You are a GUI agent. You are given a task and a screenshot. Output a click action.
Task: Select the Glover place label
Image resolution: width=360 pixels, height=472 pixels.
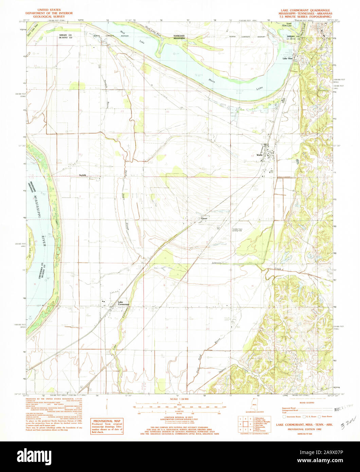click(x=204, y=219)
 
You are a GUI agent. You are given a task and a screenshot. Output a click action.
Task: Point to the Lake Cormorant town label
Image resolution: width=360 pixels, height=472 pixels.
click(x=123, y=303)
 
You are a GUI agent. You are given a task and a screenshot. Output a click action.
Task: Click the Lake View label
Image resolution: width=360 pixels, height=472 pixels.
click(x=288, y=58)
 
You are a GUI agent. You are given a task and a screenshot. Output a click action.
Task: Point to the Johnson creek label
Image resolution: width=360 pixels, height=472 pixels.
click(x=217, y=263)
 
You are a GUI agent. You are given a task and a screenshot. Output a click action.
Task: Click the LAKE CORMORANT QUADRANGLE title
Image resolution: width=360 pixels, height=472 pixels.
click(x=304, y=11)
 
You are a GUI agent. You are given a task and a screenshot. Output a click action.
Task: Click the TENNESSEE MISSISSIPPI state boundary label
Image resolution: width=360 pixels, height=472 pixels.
click(x=179, y=37)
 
